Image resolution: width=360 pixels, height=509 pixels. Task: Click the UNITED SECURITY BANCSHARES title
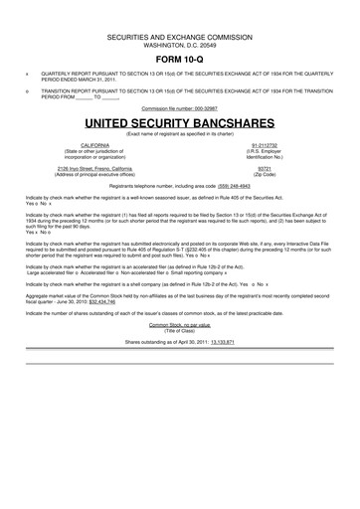(179, 119)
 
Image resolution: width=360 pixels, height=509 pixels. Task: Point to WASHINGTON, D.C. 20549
(179, 45)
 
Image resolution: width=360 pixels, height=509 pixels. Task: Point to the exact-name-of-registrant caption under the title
(179, 132)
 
